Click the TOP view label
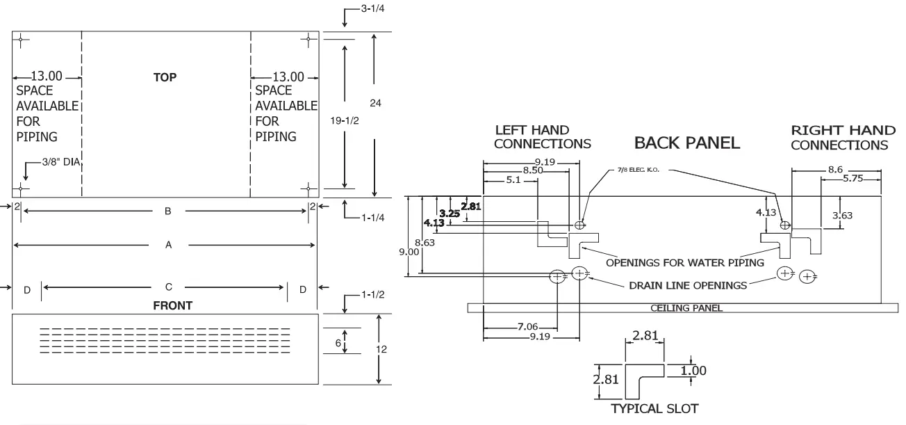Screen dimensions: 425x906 point(165,78)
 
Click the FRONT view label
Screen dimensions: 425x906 point(173,305)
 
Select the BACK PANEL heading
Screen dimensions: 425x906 point(687,143)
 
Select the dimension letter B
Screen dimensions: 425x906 point(167,211)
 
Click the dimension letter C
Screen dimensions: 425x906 point(168,287)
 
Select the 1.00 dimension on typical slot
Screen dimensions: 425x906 point(693,371)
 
